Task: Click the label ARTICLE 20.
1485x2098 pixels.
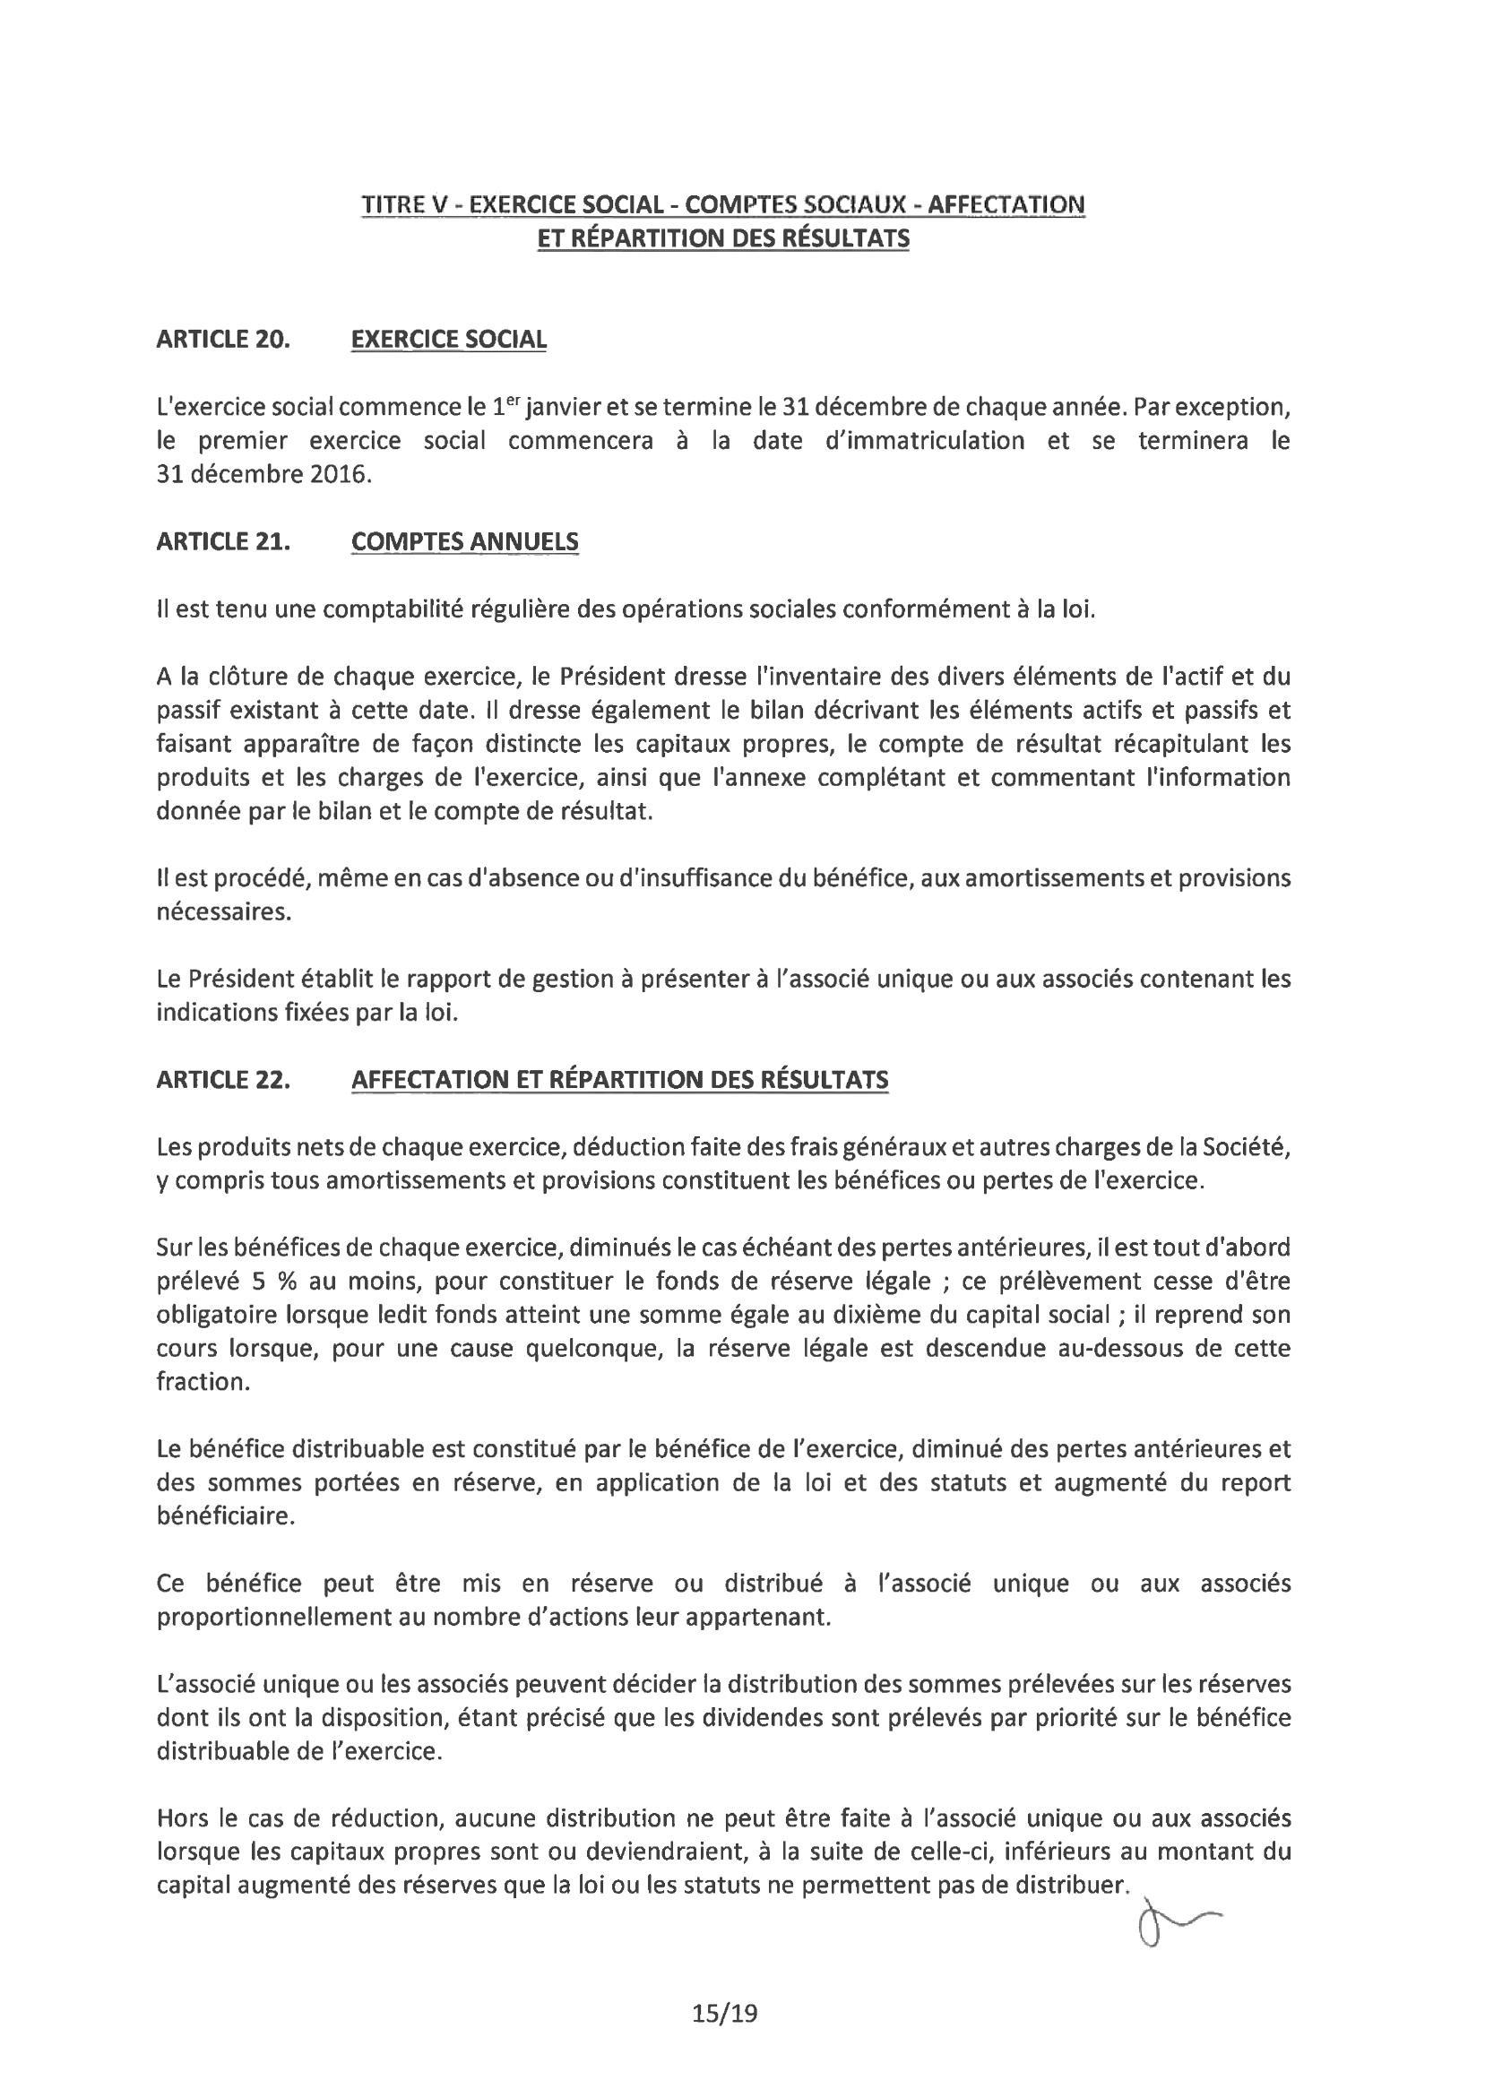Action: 223,339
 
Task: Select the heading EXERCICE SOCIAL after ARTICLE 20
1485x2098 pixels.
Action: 449,339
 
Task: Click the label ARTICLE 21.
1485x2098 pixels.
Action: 223,541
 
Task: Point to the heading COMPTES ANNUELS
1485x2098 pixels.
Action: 464,541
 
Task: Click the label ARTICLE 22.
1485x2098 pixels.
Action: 223,1080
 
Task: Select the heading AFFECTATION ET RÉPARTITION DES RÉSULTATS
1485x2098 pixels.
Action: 619,1080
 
